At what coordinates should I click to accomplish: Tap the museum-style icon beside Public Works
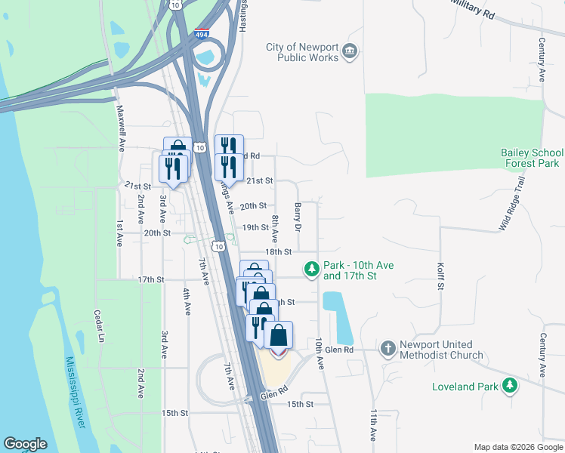(x=350, y=51)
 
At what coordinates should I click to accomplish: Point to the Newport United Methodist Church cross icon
(x=387, y=349)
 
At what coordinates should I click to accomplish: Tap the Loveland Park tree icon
(x=511, y=386)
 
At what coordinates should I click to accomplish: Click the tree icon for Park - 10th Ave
(x=311, y=269)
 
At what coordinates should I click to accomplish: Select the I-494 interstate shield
(x=202, y=34)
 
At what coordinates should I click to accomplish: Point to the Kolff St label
(x=440, y=276)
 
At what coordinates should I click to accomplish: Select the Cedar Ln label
(x=98, y=326)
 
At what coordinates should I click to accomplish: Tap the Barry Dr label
(x=298, y=217)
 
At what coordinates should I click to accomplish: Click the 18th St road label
(x=278, y=251)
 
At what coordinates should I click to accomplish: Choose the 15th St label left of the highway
(x=174, y=413)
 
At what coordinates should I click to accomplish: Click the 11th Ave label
(x=373, y=426)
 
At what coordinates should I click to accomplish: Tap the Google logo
(x=25, y=444)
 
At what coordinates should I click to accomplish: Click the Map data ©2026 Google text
(x=517, y=447)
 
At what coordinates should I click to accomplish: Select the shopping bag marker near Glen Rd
(x=279, y=335)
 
